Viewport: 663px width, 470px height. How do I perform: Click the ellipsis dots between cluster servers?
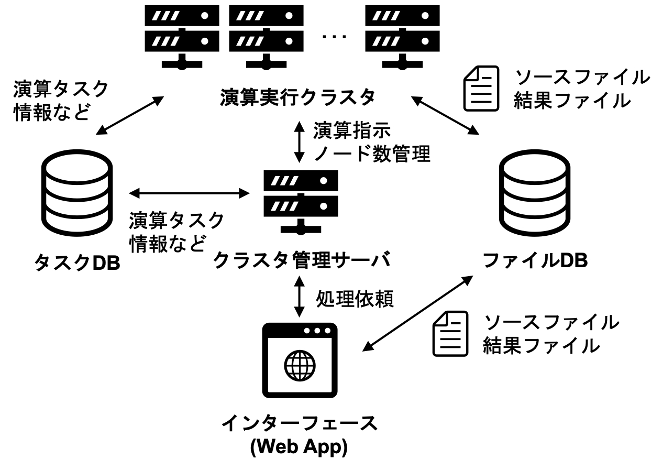(334, 36)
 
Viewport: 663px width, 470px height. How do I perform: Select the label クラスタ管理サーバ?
(303, 261)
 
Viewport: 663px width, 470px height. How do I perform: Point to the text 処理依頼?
(353, 299)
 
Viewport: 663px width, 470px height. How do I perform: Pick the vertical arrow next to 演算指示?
(299, 142)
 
